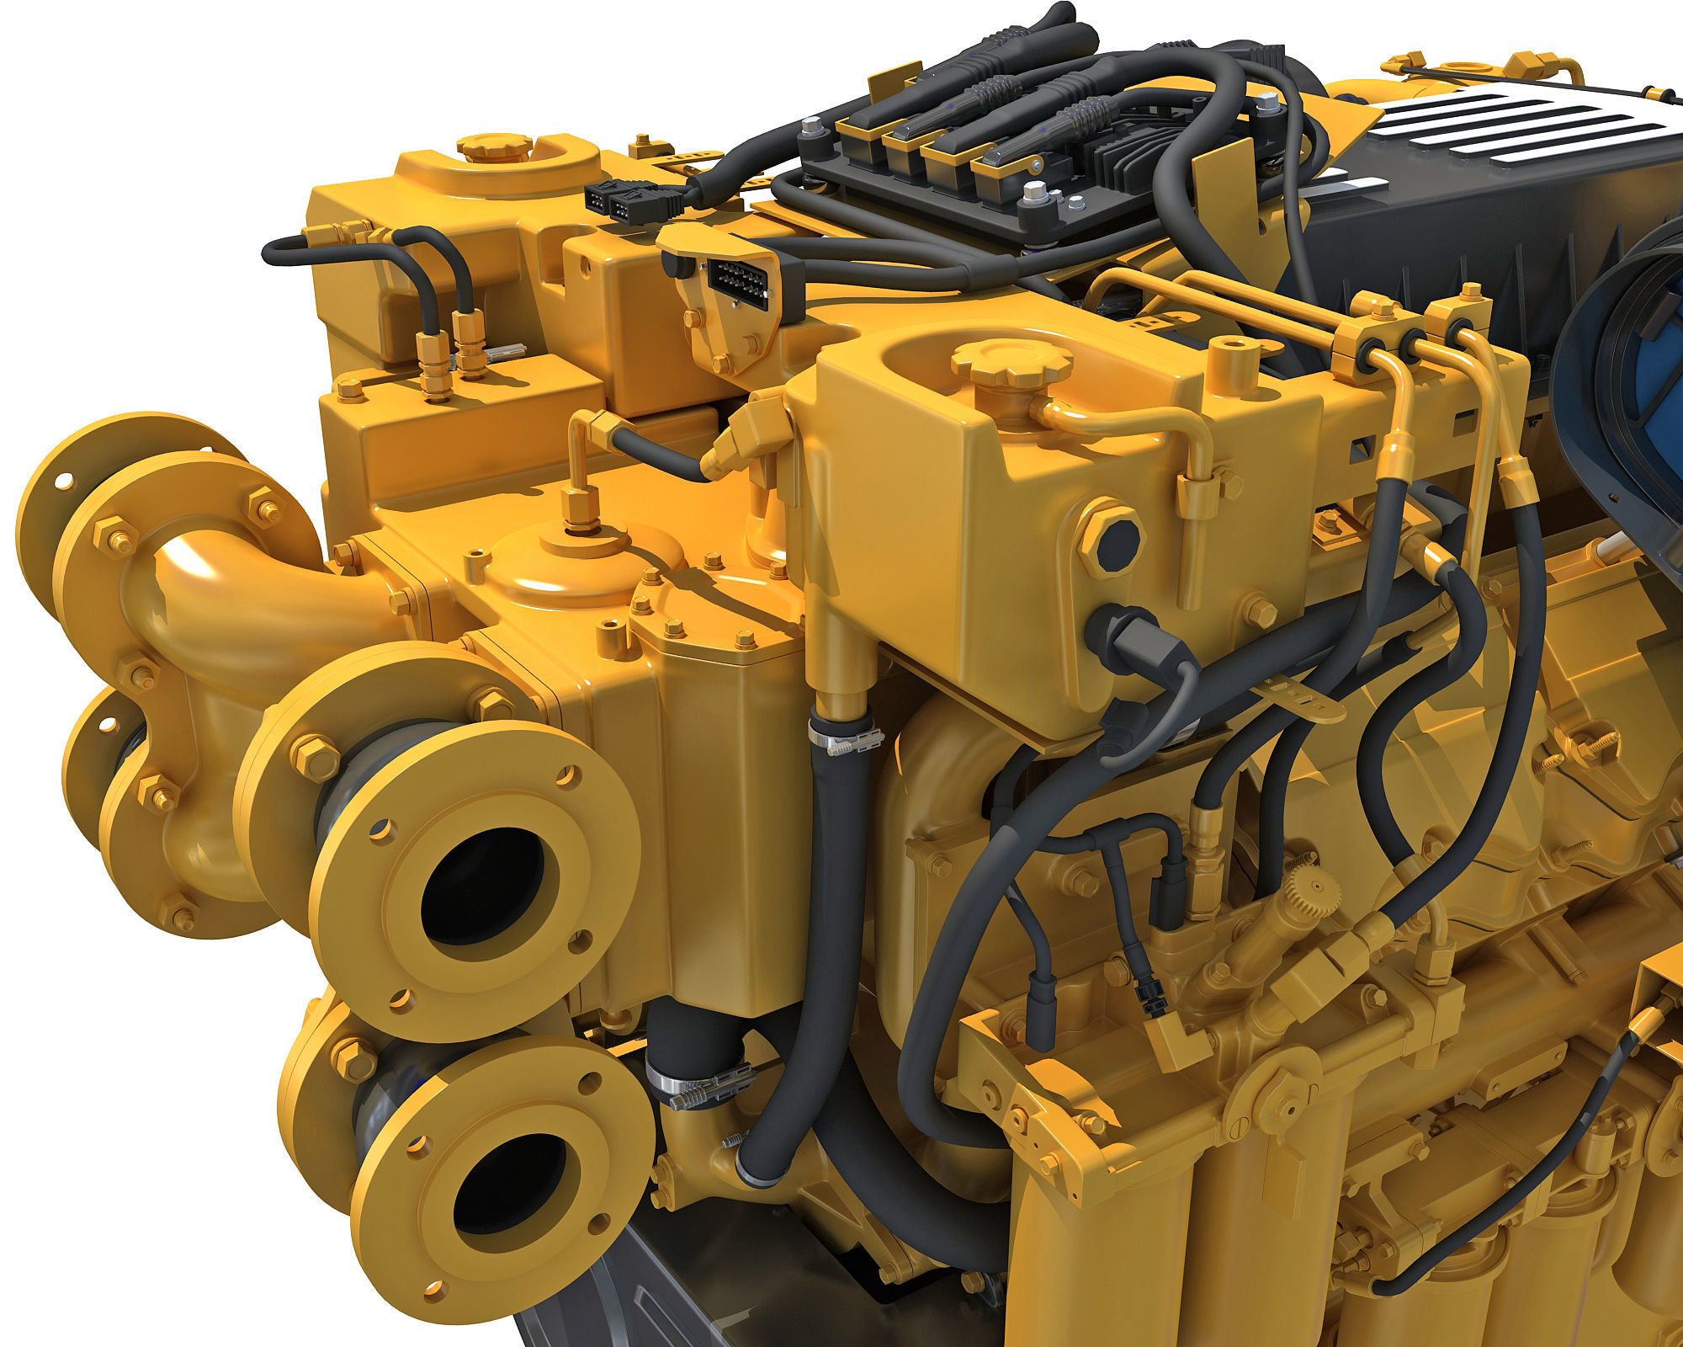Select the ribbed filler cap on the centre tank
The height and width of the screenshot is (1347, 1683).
[x=1013, y=360]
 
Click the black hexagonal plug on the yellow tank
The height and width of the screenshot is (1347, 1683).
[x=1108, y=540]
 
